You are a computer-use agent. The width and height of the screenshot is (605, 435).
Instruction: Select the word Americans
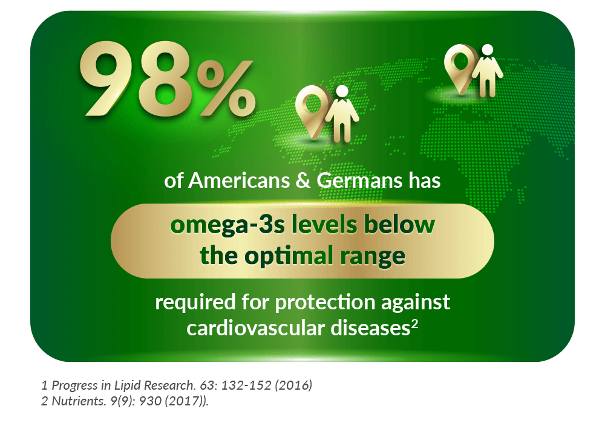(x=239, y=181)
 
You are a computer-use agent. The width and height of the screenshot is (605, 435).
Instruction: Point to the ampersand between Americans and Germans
(x=303, y=181)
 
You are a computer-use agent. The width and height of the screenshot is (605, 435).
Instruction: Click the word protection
(x=325, y=302)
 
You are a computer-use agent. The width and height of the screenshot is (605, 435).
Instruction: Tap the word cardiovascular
(x=255, y=328)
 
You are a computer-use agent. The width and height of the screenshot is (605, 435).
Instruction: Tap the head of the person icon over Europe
(x=488, y=50)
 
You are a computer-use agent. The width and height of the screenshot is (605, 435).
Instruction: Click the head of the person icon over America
(x=342, y=91)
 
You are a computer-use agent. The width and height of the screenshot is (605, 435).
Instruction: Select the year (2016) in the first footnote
(x=293, y=385)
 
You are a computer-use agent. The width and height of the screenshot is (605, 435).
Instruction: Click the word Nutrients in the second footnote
(x=79, y=401)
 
